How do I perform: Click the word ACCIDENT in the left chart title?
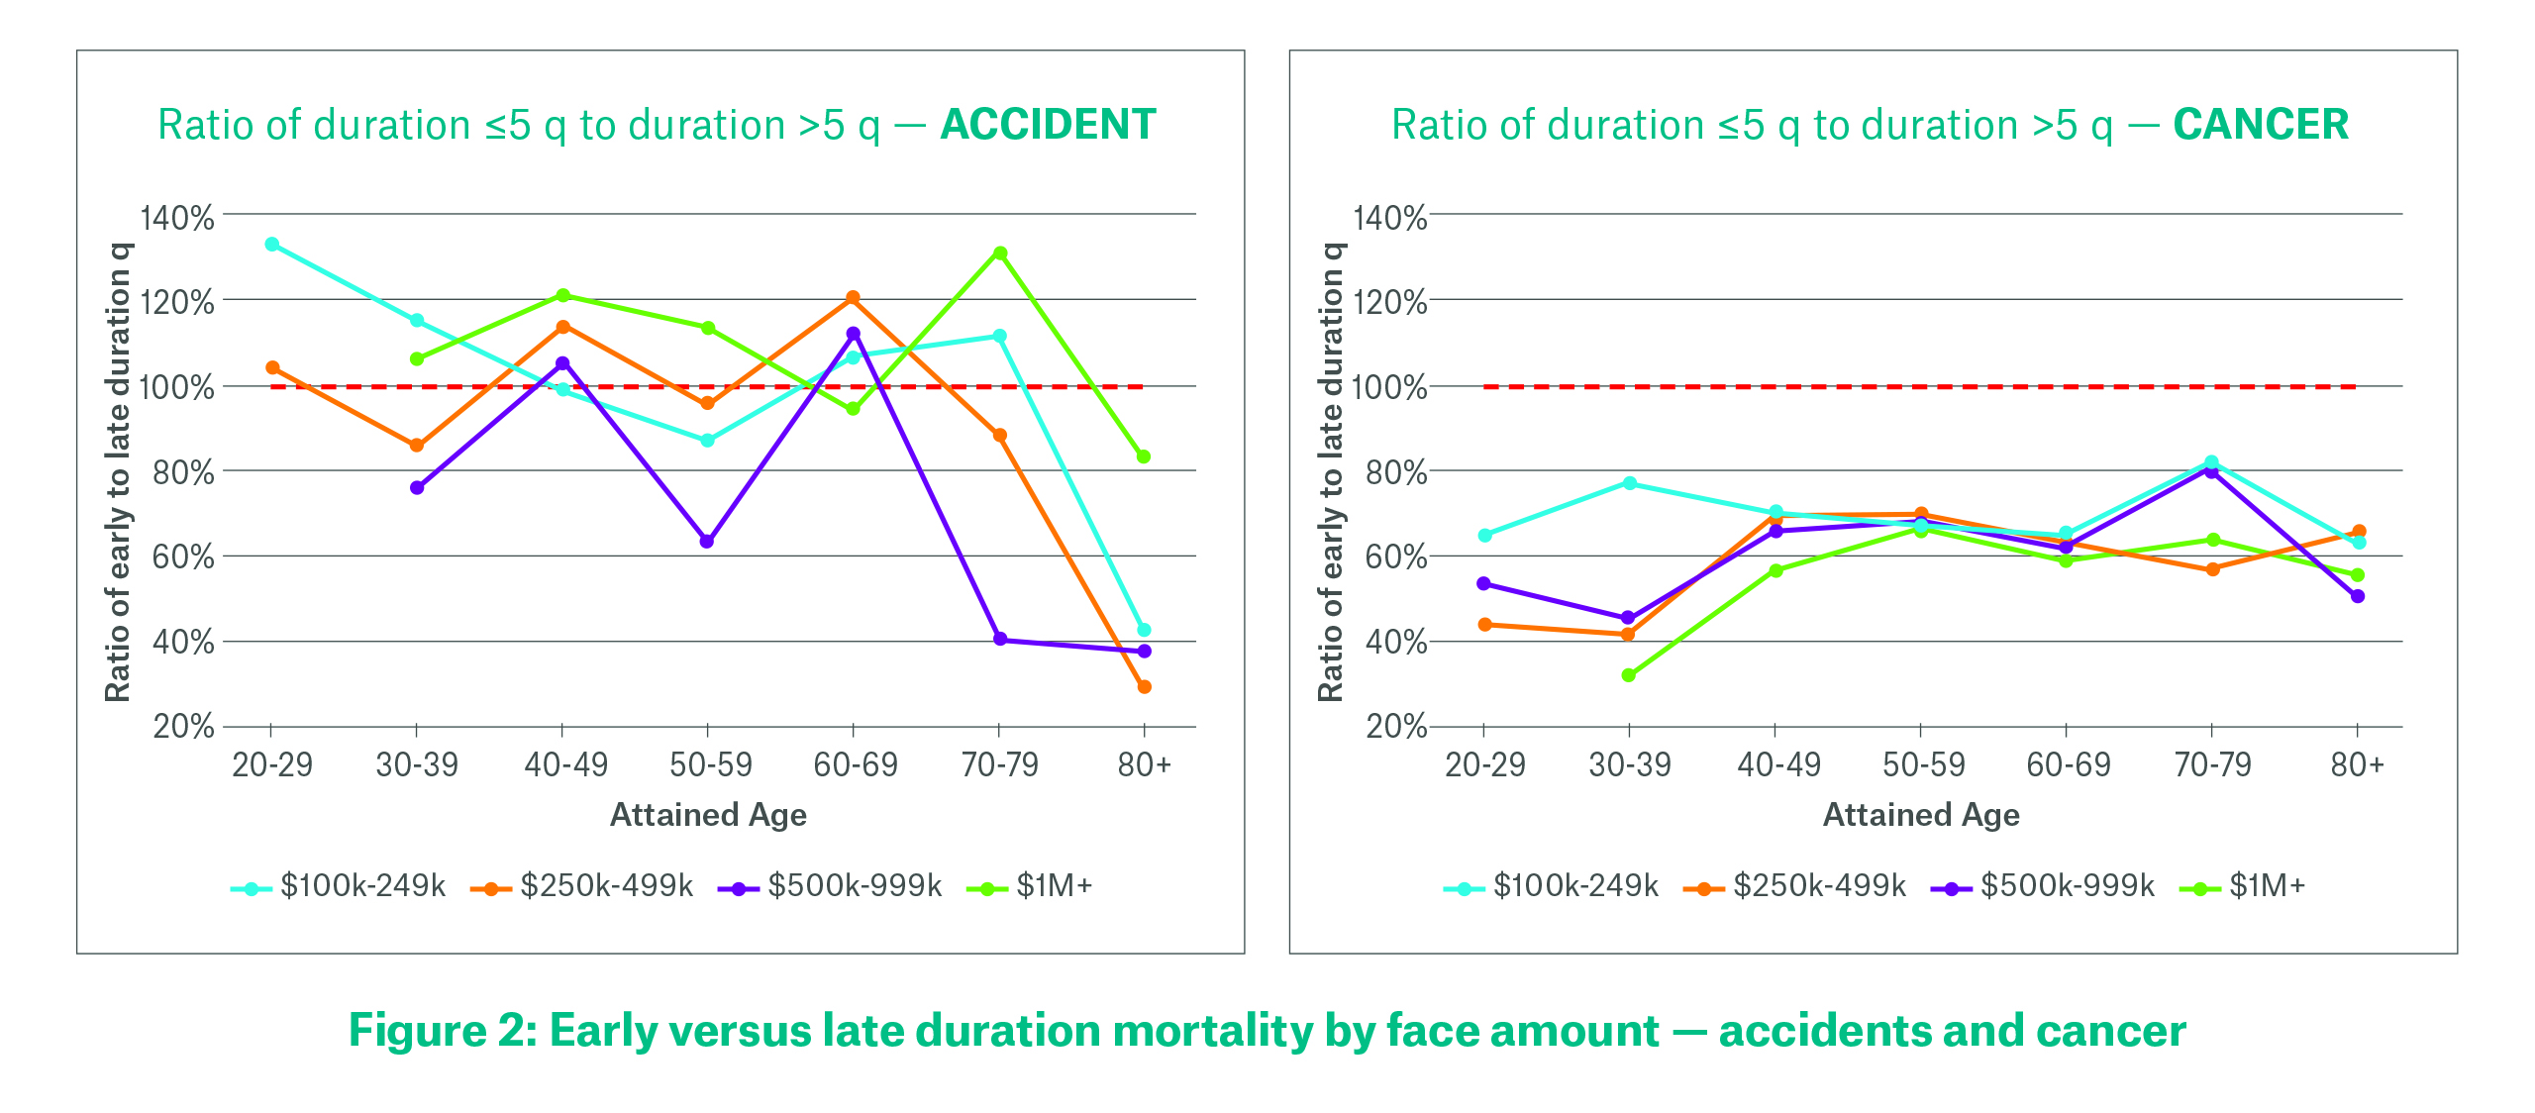tap(1048, 125)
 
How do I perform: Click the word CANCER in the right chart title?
tap(2261, 125)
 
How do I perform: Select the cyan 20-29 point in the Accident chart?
tap(272, 245)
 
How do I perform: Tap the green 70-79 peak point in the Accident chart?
tap(1000, 253)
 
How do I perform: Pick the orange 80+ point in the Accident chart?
tap(1145, 687)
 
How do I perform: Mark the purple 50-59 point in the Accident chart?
tap(707, 542)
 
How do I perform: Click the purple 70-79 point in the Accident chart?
tap(1000, 640)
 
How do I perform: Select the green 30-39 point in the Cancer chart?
tap(1629, 675)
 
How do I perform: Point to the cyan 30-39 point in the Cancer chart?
tap(1630, 483)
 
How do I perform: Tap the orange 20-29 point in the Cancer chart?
tap(1484, 625)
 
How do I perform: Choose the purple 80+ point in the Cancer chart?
tap(2358, 596)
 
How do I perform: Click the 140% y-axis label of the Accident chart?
tap(177, 218)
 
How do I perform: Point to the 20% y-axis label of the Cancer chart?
tap(1396, 727)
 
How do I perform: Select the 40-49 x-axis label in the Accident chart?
tap(565, 764)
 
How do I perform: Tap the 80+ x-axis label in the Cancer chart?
tap(2357, 764)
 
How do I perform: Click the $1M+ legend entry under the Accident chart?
tap(1054, 885)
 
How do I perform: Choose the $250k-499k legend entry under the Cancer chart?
tap(1819, 885)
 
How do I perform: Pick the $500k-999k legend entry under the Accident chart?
tap(855, 885)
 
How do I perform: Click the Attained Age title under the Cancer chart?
tap(1921, 815)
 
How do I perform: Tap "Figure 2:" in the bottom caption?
tap(443, 1031)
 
